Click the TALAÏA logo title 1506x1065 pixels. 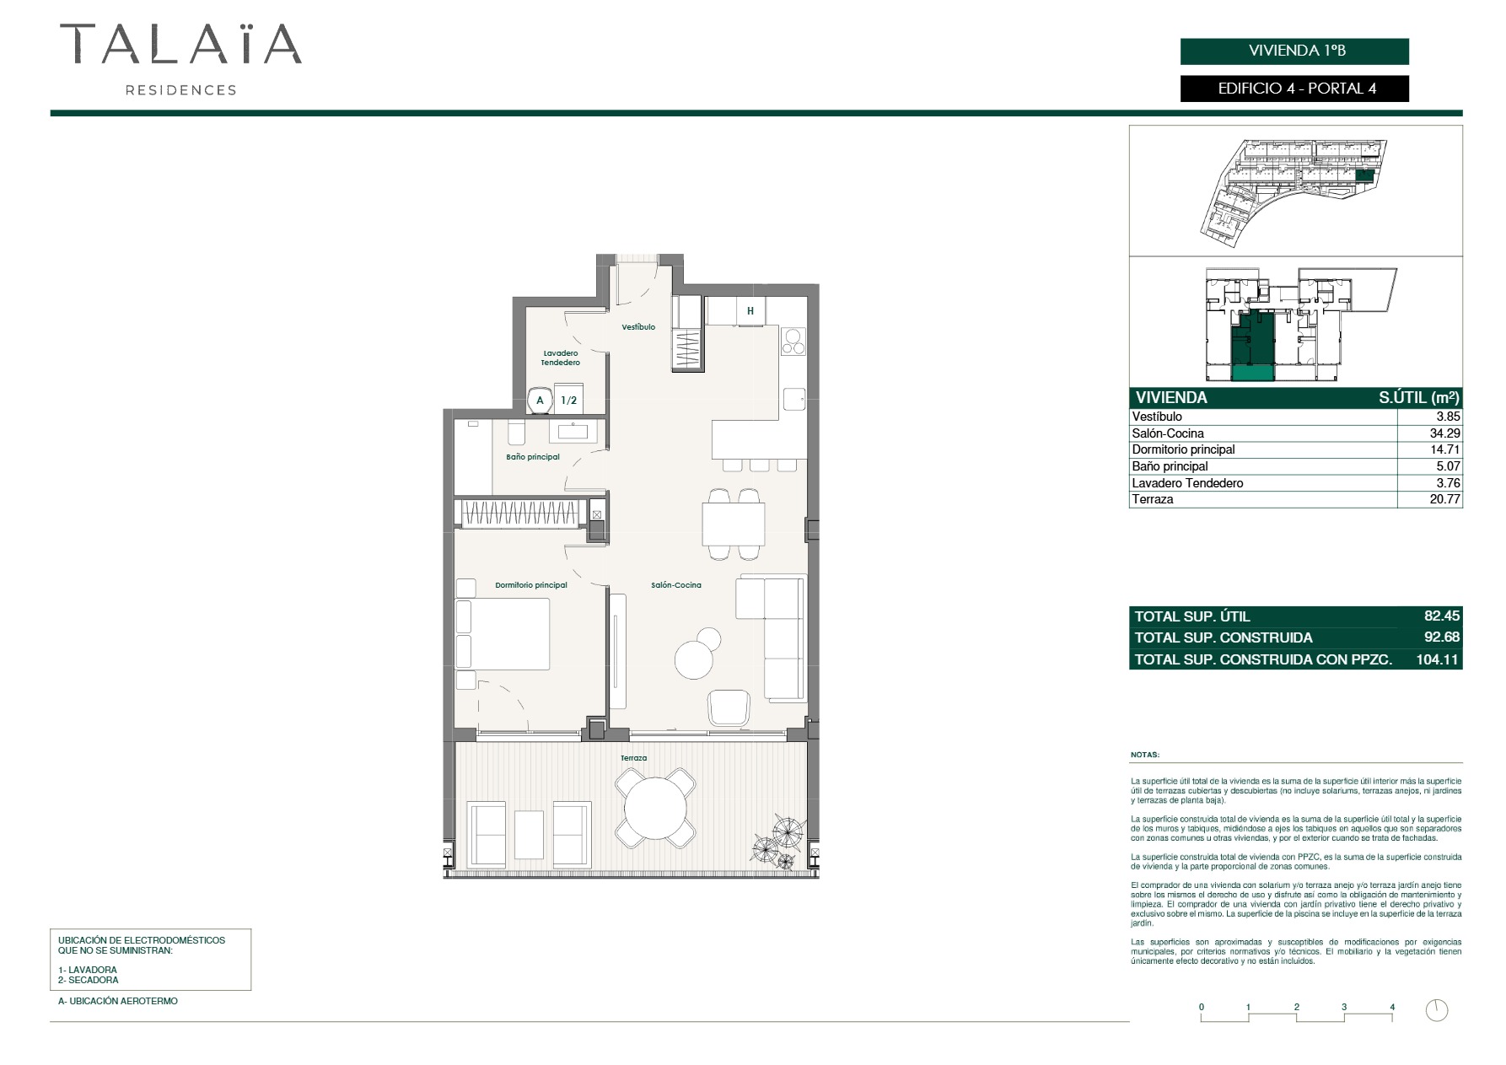pyautogui.click(x=180, y=44)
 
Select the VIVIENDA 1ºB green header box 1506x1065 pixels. pyautogui.click(x=1294, y=51)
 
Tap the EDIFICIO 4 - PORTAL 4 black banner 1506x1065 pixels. pyautogui.click(x=1294, y=89)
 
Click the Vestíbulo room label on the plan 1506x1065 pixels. pyautogui.click(x=638, y=327)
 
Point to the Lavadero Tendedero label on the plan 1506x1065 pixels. pyautogui.click(x=561, y=358)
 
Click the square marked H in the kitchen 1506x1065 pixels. pyautogui.click(x=750, y=311)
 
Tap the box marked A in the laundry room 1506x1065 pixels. pyautogui.click(x=540, y=400)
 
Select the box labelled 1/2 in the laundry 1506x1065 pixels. pyautogui.click(x=569, y=400)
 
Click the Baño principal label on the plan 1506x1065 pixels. pyautogui.click(x=533, y=457)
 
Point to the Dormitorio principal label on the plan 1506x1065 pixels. pyautogui.click(x=531, y=585)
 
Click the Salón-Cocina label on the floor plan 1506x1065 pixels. pyautogui.click(x=676, y=585)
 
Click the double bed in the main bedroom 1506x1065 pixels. pyautogui.click(x=503, y=634)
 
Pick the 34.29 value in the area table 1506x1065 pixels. pyautogui.click(x=1444, y=433)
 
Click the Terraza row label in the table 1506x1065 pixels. pyautogui.click(x=1153, y=499)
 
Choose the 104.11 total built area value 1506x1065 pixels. pyautogui.click(x=1438, y=659)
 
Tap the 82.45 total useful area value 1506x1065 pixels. pyautogui.click(x=1442, y=616)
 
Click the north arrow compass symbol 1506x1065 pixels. pyautogui.click(x=1437, y=1009)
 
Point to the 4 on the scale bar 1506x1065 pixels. pyautogui.click(x=1392, y=1007)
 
